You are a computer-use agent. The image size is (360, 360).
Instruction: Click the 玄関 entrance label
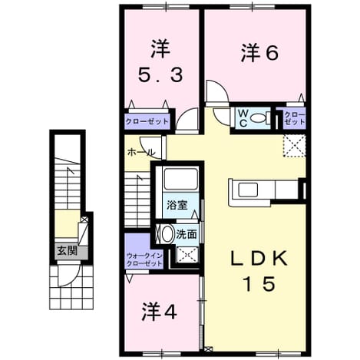(x=67, y=251)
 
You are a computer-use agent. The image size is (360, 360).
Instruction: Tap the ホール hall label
(x=141, y=153)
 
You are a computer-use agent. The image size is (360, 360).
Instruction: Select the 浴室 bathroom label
(x=177, y=206)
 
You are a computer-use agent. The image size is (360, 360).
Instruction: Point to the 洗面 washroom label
(x=187, y=234)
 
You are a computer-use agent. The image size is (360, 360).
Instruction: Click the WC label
(x=243, y=118)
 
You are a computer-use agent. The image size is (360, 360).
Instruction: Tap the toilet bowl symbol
(x=259, y=118)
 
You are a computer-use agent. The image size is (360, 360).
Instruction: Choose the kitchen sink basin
(x=247, y=190)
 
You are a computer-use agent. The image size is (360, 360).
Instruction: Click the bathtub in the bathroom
(x=181, y=179)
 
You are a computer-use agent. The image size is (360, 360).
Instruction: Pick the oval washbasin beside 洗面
(x=167, y=234)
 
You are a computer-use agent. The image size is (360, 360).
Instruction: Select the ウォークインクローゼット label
(x=144, y=259)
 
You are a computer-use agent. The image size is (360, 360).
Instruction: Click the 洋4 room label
(x=160, y=312)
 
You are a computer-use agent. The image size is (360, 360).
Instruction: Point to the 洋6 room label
(x=259, y=53)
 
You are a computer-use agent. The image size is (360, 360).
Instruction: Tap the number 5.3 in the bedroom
(x=160, y=75)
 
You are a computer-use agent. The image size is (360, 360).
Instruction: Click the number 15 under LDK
(x=259, y=284)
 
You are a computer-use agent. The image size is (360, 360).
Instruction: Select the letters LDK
(x=259, y=258)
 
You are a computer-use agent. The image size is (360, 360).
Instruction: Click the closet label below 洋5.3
(x=147, y=121)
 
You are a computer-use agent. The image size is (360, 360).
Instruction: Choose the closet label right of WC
(x=295, y=118)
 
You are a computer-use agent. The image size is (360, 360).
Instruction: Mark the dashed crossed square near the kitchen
(x=294, y=145)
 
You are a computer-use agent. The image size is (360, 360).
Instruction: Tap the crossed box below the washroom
(x=187, y=255)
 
